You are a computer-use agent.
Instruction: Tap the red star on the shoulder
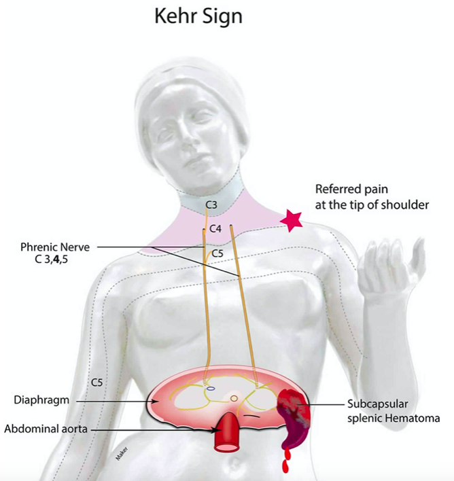(x=292, y=221)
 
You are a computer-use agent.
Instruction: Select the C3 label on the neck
(x=211, y=204)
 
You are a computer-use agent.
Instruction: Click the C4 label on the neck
(x=215, y=229)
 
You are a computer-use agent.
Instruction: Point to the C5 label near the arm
(x=97, y=383)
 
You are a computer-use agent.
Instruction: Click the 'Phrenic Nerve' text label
(x=55, y=247)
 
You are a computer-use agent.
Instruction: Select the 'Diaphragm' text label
(x=41, y=400)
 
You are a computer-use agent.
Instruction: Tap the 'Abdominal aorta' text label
(x=48, y=429)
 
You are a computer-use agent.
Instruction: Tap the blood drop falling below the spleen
(x=285, y=466)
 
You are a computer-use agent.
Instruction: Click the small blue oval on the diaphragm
(x=211, y=389)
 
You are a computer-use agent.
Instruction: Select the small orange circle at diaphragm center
(x=234, y=397)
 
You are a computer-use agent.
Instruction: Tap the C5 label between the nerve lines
(x=217, y=253)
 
